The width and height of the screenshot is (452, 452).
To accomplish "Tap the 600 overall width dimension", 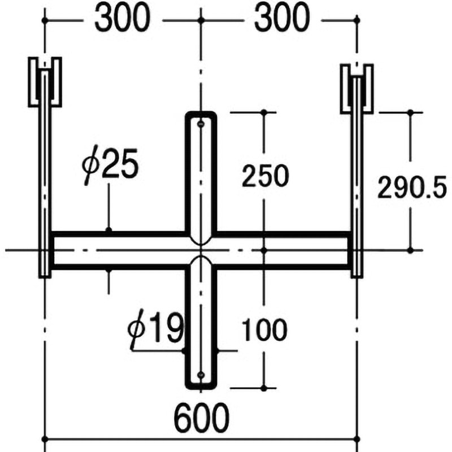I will (201, 418).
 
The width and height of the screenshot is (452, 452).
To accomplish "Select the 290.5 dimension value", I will (412, 186).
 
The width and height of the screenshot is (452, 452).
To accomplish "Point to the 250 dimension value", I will (265, 177).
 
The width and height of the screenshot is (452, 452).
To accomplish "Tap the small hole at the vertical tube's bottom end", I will (201, 374).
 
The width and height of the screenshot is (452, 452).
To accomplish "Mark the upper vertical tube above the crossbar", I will (201, 175).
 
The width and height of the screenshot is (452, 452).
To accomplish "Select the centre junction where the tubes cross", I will (201, 249).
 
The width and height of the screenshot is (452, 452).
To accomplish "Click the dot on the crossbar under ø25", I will (108, 230).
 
